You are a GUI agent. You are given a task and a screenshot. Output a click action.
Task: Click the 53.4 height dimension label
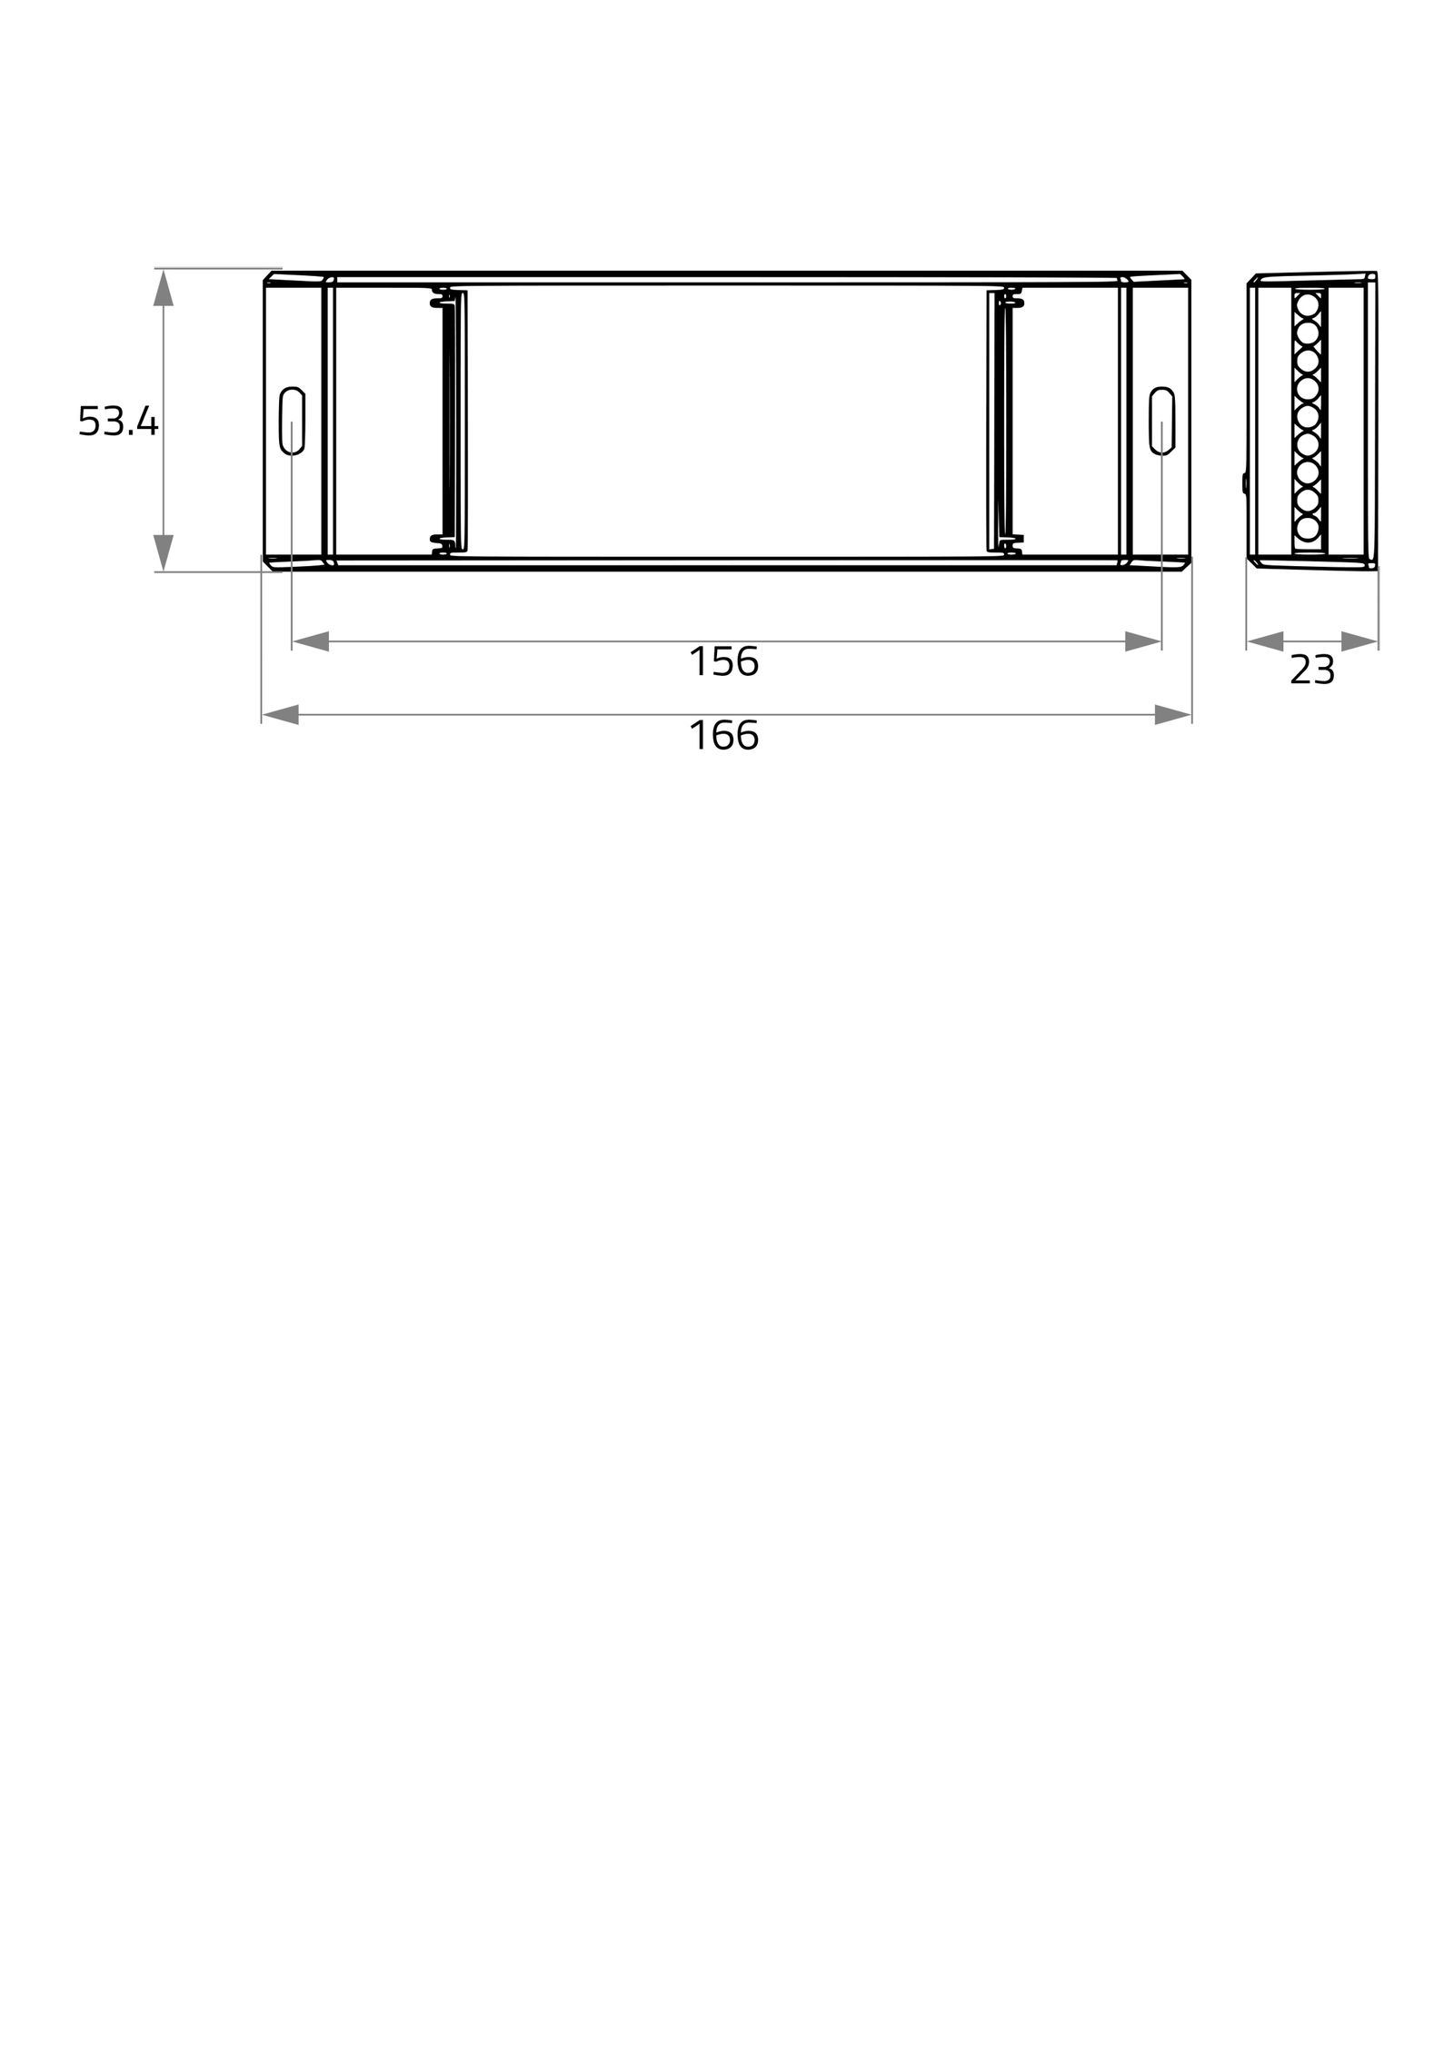click(118, 422)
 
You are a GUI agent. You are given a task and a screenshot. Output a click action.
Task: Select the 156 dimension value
click(723, 661)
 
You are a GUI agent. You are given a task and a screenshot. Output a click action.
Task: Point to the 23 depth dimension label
click(1312, 670)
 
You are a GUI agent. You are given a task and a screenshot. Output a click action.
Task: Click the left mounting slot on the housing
click(292, 420)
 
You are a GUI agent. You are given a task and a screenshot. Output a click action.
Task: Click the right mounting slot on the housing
click(1161, 420)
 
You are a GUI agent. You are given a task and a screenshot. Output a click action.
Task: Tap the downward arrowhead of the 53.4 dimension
click(164, 552)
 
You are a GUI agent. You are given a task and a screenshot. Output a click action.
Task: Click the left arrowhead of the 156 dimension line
click(311, 641)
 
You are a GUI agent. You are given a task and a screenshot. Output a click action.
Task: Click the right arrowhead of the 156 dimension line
click(1142, 641)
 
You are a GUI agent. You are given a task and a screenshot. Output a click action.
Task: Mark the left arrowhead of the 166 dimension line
click(281, 714)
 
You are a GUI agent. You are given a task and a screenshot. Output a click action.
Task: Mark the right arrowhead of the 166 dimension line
click(1172, 714)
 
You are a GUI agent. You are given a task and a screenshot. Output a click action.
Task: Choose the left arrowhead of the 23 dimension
click(1265, 641)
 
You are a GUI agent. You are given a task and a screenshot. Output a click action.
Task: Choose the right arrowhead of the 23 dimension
click(1359, 641)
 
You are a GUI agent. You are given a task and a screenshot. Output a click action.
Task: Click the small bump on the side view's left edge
click(1244, 482)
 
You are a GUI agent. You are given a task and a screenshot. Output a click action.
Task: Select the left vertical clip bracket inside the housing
click(450, 422)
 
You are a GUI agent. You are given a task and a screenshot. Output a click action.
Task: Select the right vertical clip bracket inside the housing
click(1003, 422)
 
